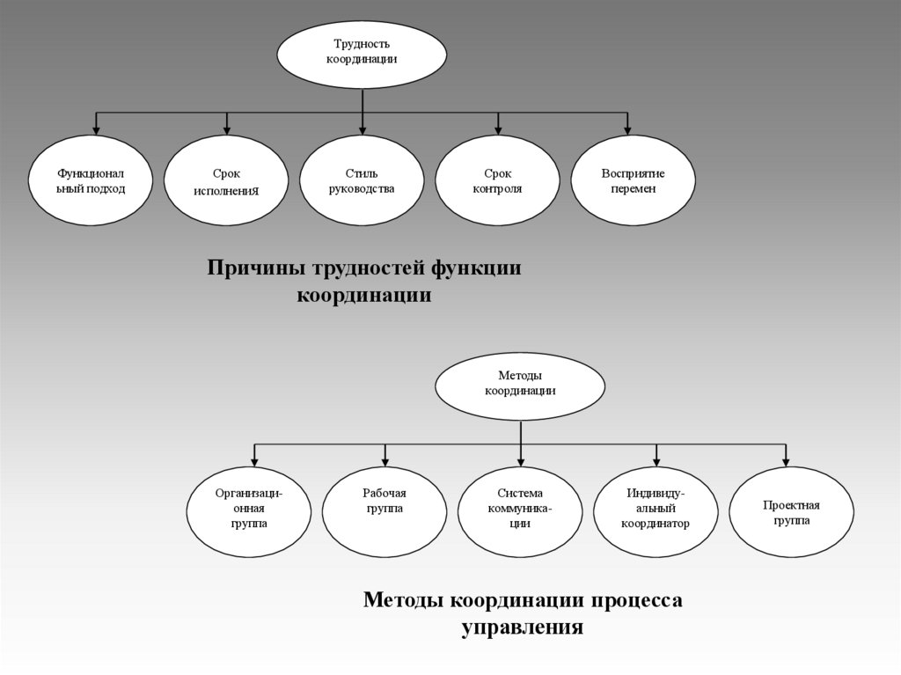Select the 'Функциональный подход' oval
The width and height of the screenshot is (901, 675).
tap(91, 180)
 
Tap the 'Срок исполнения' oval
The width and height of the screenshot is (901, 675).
tap(226, 180)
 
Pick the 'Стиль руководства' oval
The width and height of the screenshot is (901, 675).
tap(362, 180)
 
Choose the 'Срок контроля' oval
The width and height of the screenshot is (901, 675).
tap(497, 180)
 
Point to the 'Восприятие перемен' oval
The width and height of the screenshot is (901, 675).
tap(633, 180)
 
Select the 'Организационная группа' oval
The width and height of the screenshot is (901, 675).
tap(249, 511)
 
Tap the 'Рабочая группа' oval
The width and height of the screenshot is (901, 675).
tap(385, 511)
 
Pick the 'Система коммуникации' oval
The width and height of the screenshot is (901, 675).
tap(520, 511)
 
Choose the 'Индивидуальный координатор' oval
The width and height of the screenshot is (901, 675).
tap(656, 511)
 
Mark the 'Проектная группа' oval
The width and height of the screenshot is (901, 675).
tap(791, 511)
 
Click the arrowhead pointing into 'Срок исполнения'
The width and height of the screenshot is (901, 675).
tap(227, 129)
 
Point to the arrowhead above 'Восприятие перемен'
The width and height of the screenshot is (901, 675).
tap(627, 129)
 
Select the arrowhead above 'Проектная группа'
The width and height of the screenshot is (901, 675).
tap(786, 459)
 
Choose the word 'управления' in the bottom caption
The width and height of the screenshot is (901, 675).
tap(522, 627)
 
